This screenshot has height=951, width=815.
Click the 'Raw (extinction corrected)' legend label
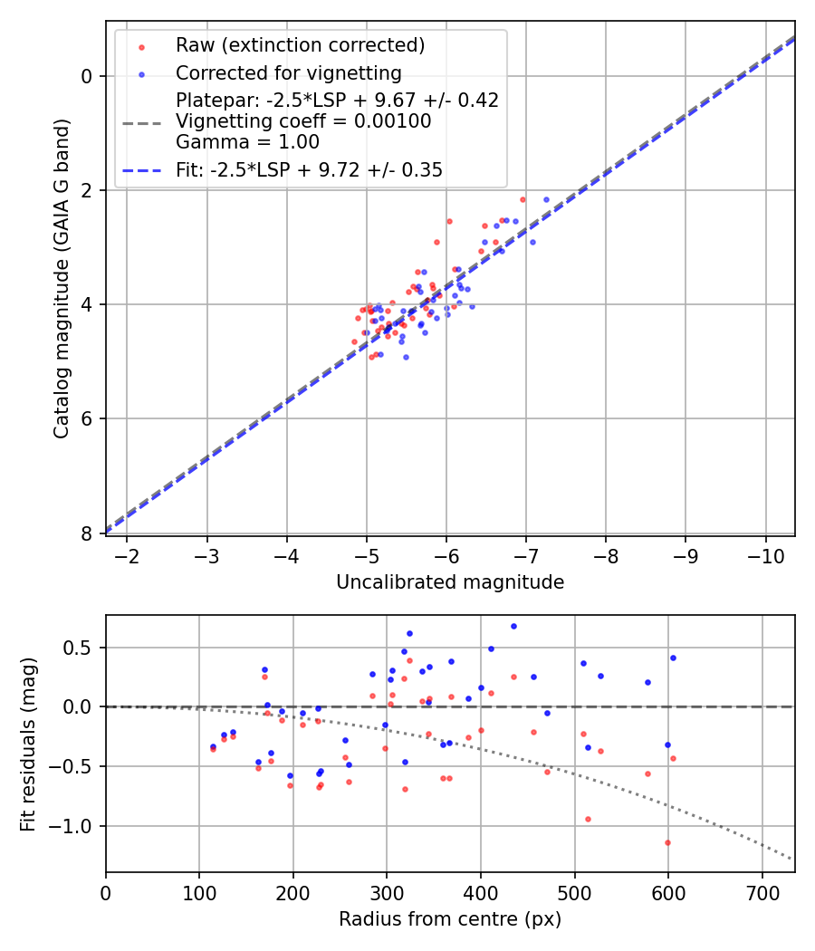tap(300, 45)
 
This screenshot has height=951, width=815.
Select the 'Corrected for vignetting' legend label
tap(289, 73)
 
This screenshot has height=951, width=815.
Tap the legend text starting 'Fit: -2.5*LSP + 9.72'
tap(309, 169)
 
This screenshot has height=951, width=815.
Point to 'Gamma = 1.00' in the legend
tap(247, 141)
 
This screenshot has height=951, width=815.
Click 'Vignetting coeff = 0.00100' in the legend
tap(303, 121)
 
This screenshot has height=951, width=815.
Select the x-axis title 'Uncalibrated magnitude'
tap(450, 582)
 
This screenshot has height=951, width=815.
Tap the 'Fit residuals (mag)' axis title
tap(28, 744)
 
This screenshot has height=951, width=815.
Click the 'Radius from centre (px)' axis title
tap(450, 919)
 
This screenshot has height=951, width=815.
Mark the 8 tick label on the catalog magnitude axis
tap(88, 533)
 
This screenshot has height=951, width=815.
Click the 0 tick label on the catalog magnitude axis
tap(88, 76)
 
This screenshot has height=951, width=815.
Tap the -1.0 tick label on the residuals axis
tap(76, 826)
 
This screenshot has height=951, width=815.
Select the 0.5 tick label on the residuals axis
tap(81, 648)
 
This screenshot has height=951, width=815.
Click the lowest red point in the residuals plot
tap(667, 842)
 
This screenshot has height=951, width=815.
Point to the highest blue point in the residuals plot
tap(513, 626)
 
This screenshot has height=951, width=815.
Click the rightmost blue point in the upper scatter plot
tap(546, 199)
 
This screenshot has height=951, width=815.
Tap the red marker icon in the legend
tap(141, 45)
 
